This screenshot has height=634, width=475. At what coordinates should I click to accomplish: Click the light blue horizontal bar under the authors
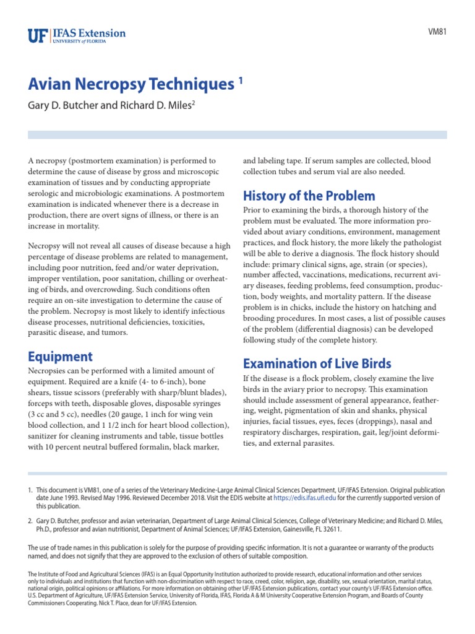[237, 134]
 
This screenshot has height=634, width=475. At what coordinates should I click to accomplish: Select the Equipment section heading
[60, 356]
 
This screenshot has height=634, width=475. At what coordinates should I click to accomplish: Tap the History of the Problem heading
[309, 196]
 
